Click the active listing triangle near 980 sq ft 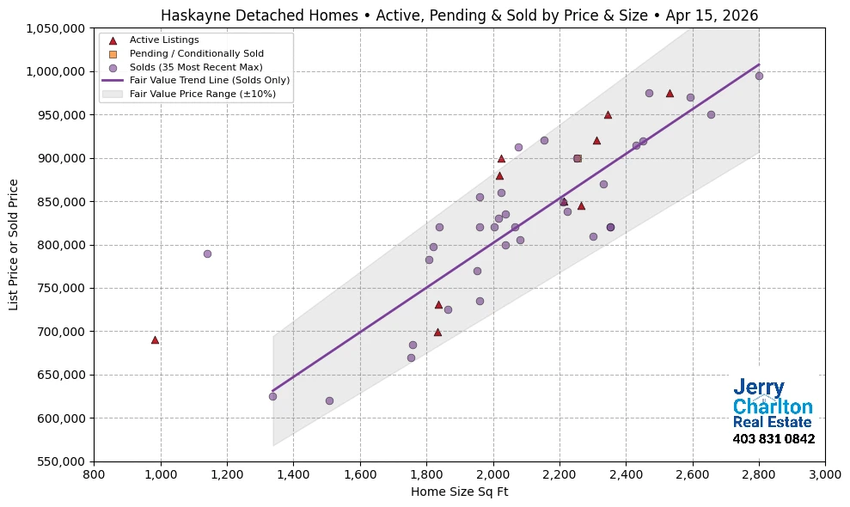pos(155,339)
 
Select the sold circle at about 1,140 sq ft pos(207,253)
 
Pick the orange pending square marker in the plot pos(577,158)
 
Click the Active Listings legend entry pos(163,40)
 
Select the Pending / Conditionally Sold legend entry pos(196,53)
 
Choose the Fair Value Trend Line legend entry pos(209,80)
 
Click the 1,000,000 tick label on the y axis pos(57,71)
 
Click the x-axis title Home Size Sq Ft pos(459,492)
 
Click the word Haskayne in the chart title pos(191,15)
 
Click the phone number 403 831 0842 pos(774,439)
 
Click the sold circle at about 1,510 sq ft pos(329,400)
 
